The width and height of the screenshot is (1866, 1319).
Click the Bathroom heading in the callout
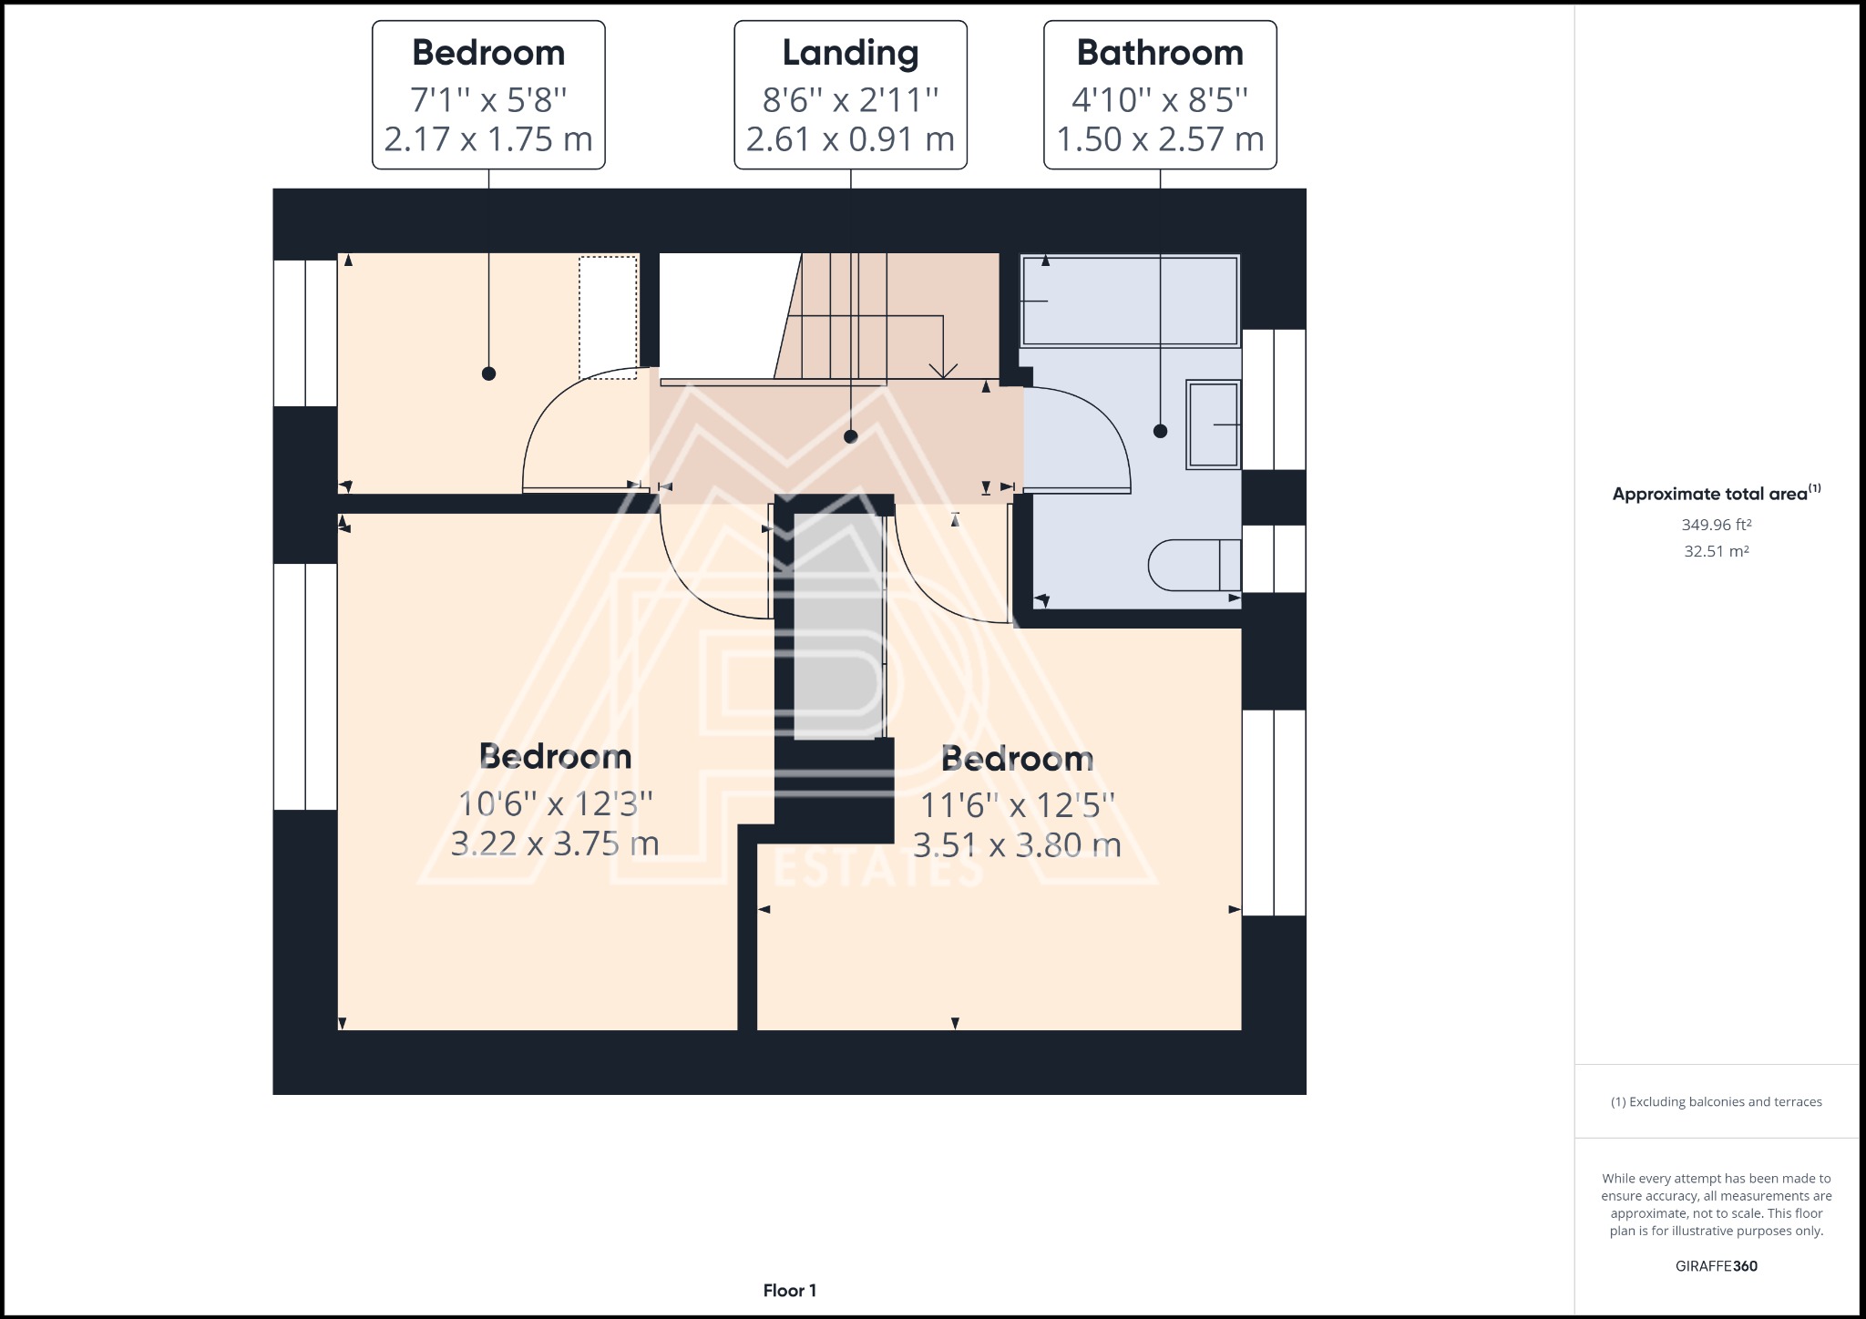tap(1160, 53)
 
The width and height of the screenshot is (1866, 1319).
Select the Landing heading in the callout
tap(850, 54)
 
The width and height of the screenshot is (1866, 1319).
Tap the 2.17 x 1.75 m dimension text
tap(488, 139)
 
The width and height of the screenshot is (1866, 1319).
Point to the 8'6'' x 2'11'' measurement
tap(850, 99)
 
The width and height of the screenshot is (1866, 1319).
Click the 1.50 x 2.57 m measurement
tap(1160, 139)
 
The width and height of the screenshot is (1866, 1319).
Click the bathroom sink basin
tap(1213, 424)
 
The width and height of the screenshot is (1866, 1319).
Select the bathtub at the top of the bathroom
tap(1130, 301)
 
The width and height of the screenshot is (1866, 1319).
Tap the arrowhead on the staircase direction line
tap(942, 370)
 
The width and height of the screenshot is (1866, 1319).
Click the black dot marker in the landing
tap(850, 436)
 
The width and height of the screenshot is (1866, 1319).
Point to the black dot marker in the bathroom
tap(1160, 431)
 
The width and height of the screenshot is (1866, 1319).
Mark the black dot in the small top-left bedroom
tap(488, 373)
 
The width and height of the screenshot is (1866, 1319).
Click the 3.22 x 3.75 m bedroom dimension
tap(555, 844)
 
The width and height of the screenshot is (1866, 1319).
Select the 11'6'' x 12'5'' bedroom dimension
tap(1017, 806)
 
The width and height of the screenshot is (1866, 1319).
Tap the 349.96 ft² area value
tap(1717, 525)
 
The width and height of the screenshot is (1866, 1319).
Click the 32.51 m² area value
tap(1717, 551)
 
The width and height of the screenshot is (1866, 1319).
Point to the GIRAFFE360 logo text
tap(1717, 1266)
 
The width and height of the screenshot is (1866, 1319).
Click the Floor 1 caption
tap(790, 1291)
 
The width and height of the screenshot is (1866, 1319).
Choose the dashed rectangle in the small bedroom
tap(609, 317)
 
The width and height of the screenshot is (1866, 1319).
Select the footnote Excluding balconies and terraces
tap(1717, 1102)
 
